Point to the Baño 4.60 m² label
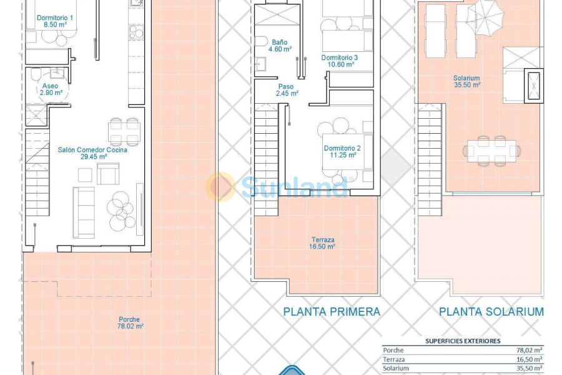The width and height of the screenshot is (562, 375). pos(280,45)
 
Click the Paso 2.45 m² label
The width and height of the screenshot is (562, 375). pos(287,90)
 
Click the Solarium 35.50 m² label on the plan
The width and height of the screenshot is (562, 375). pos(466,82)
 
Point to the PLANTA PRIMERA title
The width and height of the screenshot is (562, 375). pos(332,311)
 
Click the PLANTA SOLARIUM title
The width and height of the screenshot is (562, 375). pos(491,311)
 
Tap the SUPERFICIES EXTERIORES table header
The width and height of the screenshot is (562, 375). pos(462,341)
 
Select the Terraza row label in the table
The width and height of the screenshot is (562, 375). pos(394,359)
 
